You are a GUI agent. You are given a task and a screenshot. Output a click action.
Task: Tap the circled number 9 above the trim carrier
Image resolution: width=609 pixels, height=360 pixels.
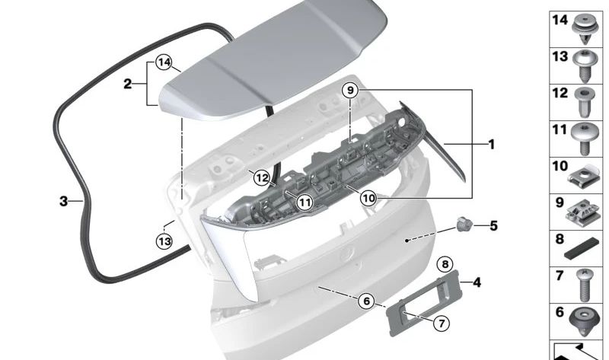pyautogui.click(x=350, y=91)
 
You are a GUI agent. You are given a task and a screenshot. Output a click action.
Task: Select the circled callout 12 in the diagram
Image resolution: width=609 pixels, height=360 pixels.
pyautogui.click(x=263, y=178)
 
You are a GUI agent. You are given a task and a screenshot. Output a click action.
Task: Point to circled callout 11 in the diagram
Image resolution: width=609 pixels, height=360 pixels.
pyautogui.click(x=304, y=202)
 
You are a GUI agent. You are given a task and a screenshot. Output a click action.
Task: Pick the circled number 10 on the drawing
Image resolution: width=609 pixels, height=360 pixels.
pyautogui.click(x=369, y=198)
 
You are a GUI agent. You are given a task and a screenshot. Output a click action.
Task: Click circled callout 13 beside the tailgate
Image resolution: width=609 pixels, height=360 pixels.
pyautogui.click(x=165, y=241)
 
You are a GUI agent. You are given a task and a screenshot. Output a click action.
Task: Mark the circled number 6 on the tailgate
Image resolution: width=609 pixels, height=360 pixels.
pyautogui.click(x=366, y=301)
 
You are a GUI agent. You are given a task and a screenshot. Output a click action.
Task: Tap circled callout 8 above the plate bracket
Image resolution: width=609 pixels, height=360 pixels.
pyautogui.click(x=446, y=264)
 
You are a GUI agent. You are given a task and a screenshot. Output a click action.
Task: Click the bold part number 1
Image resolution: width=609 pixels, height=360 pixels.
pyautogui.click(x=492, y=143)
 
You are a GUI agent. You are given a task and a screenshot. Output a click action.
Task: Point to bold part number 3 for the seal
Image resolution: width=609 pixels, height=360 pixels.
pyautogui.click(x=64, y=202)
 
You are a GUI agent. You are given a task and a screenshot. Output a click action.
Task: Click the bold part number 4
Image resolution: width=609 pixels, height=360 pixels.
pyautogui.click(x=477, y=283)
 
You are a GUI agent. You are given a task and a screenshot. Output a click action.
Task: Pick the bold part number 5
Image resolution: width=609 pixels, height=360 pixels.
pyautogui.click(x=493, y=225)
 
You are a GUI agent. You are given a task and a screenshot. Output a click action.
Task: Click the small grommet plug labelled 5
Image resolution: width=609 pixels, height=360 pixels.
pyautogui.click(x=464, y=225)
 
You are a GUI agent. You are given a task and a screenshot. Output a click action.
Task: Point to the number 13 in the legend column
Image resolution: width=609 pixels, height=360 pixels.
pyautogui.click(x=560, y=57)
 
